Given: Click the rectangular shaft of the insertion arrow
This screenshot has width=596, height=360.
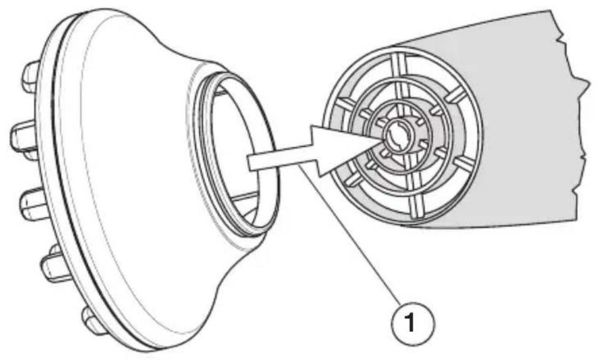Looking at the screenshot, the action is (x=279, y=159).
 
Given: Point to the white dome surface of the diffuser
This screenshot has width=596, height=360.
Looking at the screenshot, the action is (x=133, y=171).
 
